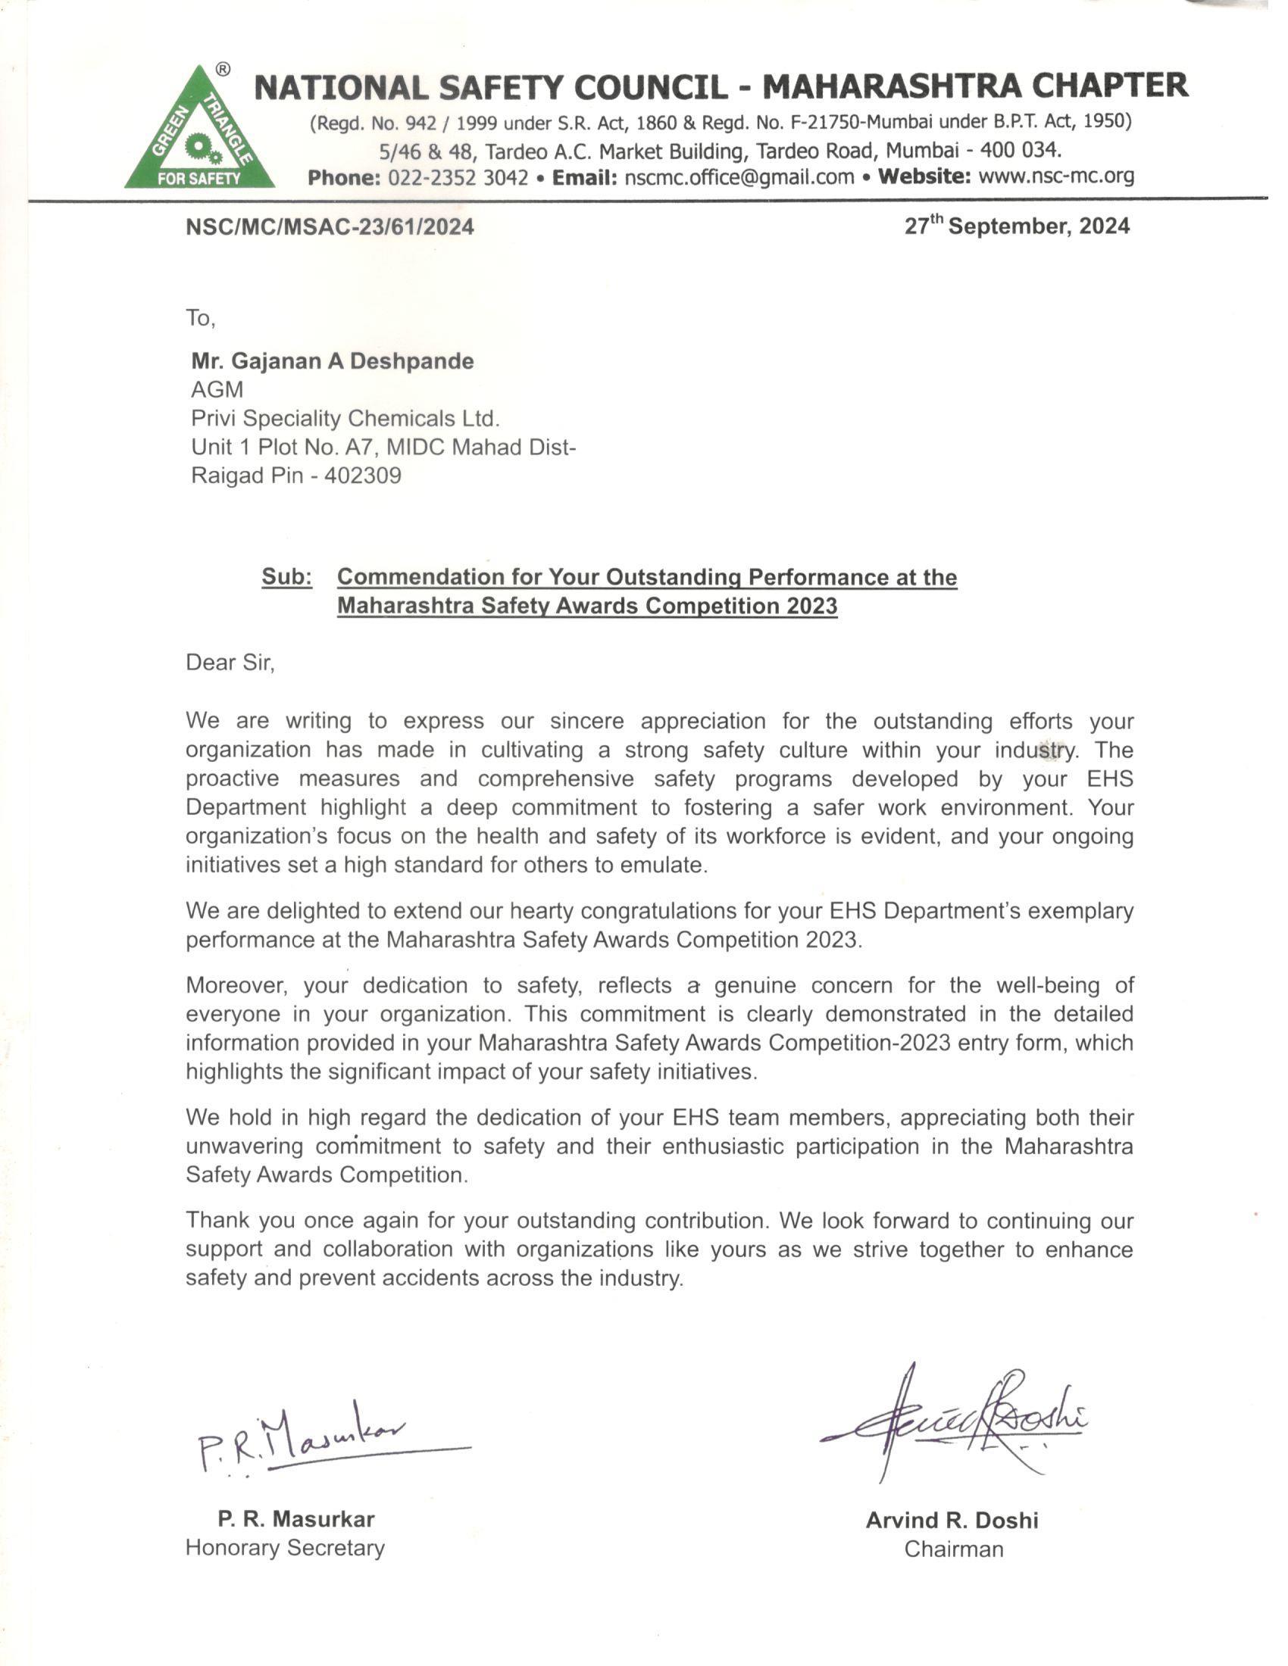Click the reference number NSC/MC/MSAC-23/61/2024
(330, 226)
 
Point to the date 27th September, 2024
(1016, 226)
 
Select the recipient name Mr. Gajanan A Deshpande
(332, 360)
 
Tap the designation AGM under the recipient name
(217, 390)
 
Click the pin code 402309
(362, 476)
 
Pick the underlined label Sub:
(287, 577)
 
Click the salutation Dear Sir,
(230, 662)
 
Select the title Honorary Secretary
(285, 1548)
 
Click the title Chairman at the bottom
(953, 1549)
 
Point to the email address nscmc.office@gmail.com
(739, 178)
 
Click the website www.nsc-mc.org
(1056, 176)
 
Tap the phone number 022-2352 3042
(458, 178)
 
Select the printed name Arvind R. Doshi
(952, 1521)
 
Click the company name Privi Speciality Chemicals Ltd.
(345, 419)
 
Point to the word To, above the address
(201, 317)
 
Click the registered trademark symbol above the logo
(222, 70)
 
